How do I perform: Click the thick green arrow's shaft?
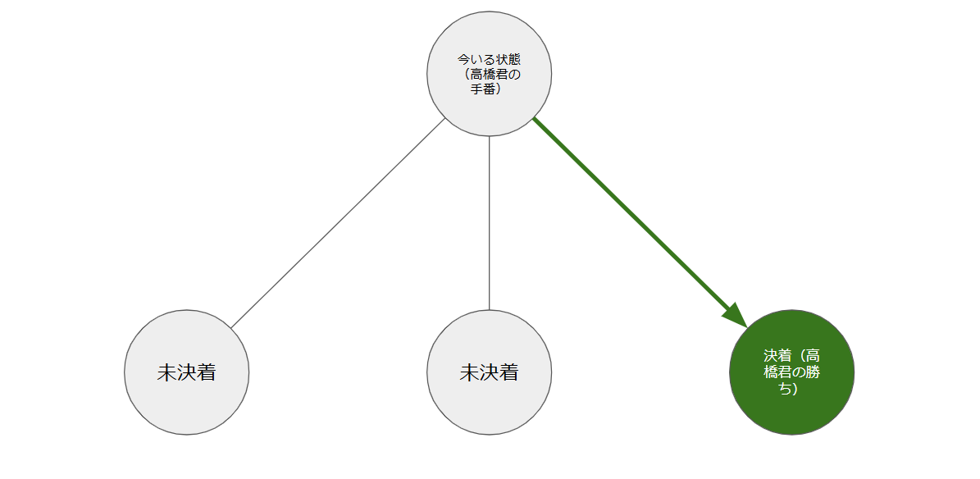coord(631,216)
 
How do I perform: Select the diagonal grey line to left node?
coord(336,224)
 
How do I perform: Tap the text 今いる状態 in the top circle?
coord(489,60)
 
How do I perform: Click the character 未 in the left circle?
coord(166,372)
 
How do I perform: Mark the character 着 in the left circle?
coord(206,372)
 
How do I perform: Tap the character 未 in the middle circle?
coord(469,372)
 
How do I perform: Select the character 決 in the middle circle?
coord(489,372)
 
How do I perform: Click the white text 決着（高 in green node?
coord(791,356)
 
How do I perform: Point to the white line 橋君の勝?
coord(791,372)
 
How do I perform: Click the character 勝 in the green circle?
coord(814,372)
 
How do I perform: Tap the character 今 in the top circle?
coord(463,60)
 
